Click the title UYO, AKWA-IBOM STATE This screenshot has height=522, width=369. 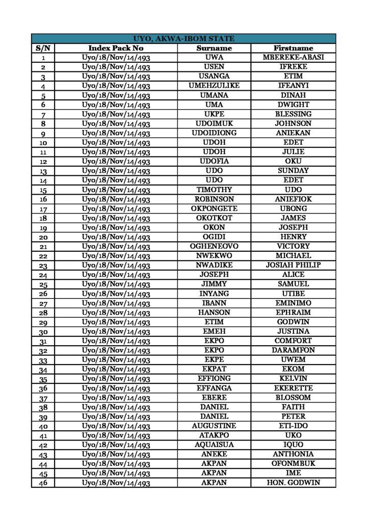pos(183,38)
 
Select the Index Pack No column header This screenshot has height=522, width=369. pos(116,48)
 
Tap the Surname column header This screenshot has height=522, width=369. pos(214,48)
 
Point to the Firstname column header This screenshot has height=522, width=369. pos(293,48)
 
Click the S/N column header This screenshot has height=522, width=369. pos(43,48)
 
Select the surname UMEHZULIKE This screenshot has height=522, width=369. pos(214,86)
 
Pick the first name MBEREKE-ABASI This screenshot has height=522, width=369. pos(293,57)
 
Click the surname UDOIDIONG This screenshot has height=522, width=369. pos(214,133)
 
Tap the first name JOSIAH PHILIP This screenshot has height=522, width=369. pos(293,265)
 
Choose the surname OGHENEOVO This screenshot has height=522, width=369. pos(214,246)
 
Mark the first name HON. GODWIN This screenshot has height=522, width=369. pos(293,482)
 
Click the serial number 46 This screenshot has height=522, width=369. pos(43,483)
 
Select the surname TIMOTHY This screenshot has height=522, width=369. pos(214,190)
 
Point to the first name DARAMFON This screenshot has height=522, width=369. pos(293,350)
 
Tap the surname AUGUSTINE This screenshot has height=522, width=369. pos(214,426)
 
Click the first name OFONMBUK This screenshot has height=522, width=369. pos(293,463)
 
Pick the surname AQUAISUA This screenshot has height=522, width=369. pos(214,445)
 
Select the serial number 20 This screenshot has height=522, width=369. pos(43,237)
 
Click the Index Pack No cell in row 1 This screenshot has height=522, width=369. pos(116,58)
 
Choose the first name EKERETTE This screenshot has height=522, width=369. pos(293,388)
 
